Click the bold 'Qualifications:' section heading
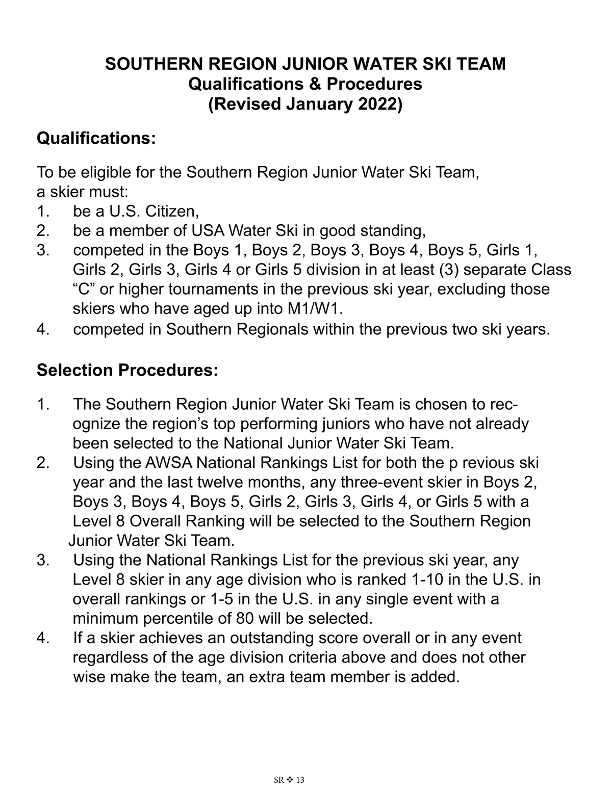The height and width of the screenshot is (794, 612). (x=96, y=138)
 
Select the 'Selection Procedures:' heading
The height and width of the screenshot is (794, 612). (x=127, y=370)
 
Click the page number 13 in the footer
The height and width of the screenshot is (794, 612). (x=300, y=781)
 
